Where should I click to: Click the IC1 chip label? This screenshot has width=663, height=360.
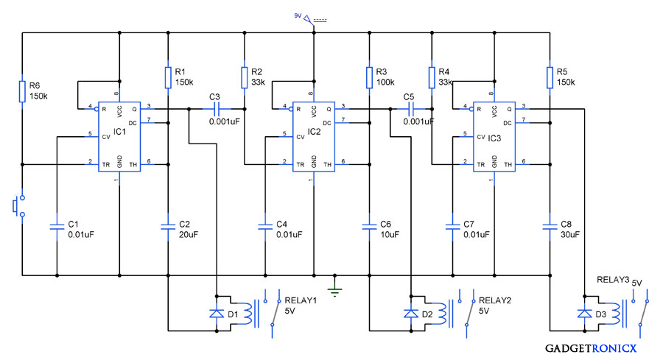click(x=120, y=132)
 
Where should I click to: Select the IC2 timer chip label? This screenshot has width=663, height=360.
click(x=315, y=132)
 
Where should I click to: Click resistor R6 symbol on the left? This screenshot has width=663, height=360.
click(x=22, y=91)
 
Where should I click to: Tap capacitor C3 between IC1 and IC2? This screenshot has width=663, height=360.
click(x=215, y=108)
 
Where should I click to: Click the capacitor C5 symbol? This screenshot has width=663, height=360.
click(x=410, y=108)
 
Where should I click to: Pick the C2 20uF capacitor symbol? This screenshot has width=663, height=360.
click(x=168, y=224)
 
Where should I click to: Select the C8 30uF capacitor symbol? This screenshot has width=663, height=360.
click(x=549, y=224)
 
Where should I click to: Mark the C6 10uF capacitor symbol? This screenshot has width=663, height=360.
click(x=368, y=224)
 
